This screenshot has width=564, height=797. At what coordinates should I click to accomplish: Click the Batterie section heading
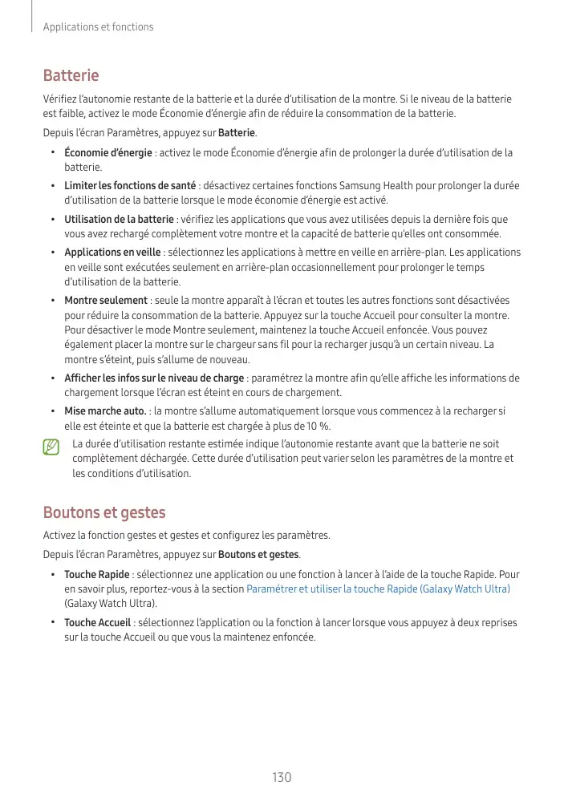point(71,75)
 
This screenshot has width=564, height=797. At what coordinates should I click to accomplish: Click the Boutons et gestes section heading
point(103,512)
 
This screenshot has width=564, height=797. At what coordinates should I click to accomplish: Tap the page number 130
point(282,777)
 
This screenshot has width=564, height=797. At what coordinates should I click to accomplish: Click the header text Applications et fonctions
point(98,27)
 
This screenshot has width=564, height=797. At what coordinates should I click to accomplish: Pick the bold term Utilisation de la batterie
point(119,219)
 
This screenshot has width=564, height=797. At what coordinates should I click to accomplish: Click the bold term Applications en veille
point(112,253)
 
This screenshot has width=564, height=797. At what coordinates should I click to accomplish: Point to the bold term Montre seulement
point(106,300)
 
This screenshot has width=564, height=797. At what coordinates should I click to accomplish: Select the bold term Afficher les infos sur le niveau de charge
point(154,378)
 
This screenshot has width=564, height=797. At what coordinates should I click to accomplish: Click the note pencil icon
point(52,447)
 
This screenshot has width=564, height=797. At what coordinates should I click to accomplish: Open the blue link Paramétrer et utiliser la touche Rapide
point(378,589)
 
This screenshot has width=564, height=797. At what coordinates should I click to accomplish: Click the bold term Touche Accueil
point(97,623)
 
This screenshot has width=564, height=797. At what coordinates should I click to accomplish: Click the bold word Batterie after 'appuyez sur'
point(237,131)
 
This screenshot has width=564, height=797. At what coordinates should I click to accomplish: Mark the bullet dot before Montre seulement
point(52,300)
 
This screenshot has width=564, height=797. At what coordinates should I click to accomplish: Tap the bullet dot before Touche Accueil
point(52,623)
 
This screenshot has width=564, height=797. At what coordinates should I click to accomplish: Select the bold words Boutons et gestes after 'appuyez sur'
point(258,554)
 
